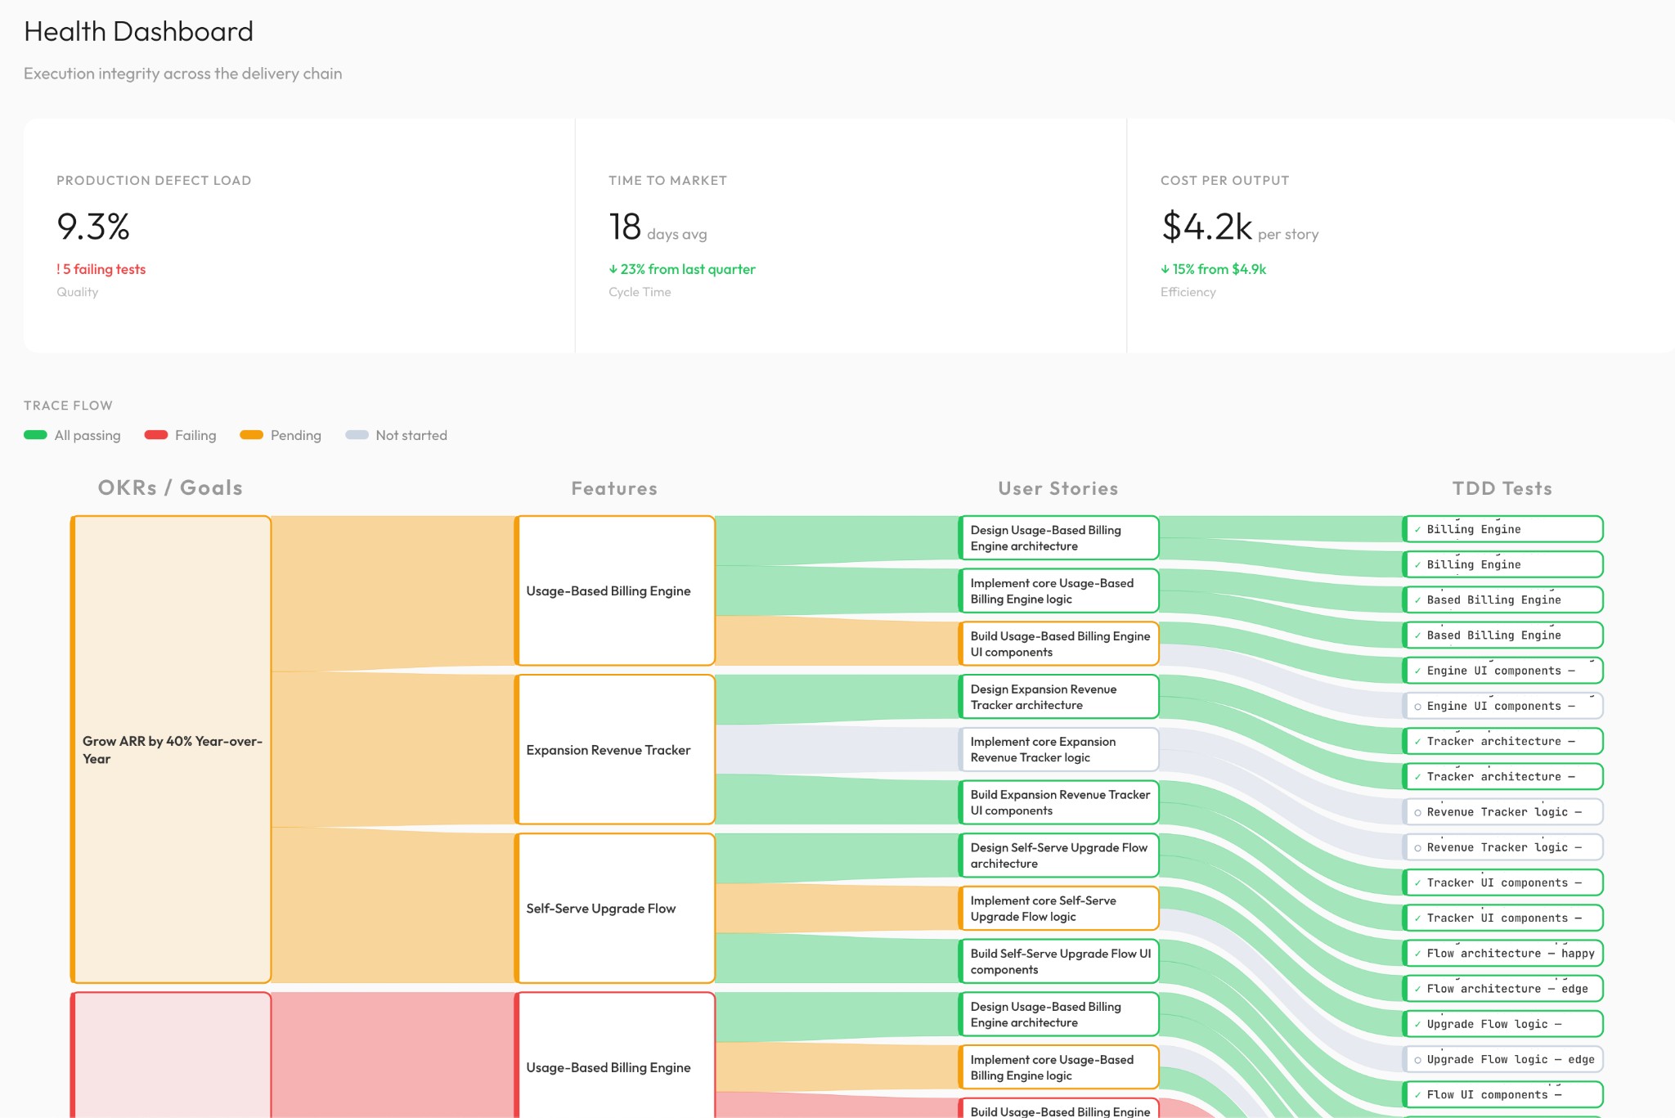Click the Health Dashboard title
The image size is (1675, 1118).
click(138, 32)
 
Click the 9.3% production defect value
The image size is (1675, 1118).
click(93, 227)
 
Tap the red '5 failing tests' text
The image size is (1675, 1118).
click(101, 269)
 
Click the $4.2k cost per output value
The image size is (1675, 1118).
click(1206, 227)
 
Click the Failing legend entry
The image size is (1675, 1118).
click(181, 435)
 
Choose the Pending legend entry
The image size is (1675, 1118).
click(281, 435)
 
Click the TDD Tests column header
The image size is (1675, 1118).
click(1502, 488)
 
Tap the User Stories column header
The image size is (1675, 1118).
click(1058, 488)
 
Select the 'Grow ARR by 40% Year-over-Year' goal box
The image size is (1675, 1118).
click(171, 749)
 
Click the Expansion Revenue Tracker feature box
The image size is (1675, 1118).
click(615, 750)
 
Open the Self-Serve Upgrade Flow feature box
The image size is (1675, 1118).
click(615, 909)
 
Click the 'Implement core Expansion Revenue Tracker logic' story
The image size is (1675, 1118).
click(1058, 749)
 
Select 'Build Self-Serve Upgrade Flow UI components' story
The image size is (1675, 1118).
click(1058, 961)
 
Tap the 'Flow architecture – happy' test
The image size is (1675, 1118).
click(1503, 954)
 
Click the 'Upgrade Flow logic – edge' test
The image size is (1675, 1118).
click(1503, 1059)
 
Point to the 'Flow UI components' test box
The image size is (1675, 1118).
click(1503, 1094)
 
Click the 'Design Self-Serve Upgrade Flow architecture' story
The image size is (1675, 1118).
click(1058, 855)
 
